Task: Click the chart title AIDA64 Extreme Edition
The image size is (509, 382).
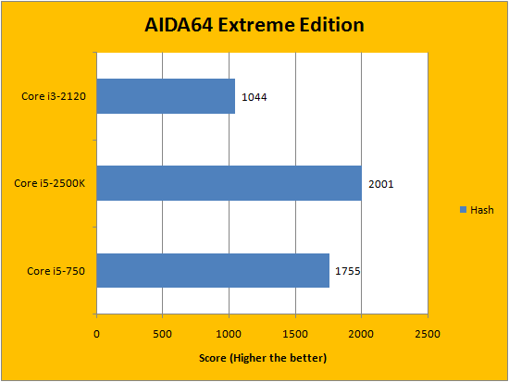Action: click(x=254, y=25)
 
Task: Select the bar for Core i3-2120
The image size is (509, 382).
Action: click(x=166, y=96)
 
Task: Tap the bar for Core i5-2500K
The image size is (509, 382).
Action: click(x=230, y=183)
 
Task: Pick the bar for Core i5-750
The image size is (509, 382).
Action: click(x=213, y=270)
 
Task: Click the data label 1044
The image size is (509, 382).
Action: click(x=254, y=97)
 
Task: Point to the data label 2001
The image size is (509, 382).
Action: click(x=380, y=184)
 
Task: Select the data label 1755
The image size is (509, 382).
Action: click(x=348, y=271)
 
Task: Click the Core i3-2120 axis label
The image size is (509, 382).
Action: click(x=54, y=96)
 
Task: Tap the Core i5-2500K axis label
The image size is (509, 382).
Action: click(x=50, y=183)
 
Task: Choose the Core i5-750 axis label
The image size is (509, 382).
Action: click(x=56, y=271)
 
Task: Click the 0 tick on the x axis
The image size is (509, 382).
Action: click(x=96, y=334)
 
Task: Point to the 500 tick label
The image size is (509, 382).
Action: click(x=162, y=334)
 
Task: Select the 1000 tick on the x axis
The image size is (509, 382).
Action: click(x=229, y=334)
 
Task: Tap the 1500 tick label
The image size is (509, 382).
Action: click(x=295, y=334)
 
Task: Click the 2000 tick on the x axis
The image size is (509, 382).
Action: click(x=361, y=334)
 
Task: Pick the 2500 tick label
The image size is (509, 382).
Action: click(x=428, y=334)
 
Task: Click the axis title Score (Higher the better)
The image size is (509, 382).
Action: click(x=263, y=358)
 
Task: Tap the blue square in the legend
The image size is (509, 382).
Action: click(x=464, y=210)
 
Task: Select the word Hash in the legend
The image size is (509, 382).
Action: click(x=482, y=210)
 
